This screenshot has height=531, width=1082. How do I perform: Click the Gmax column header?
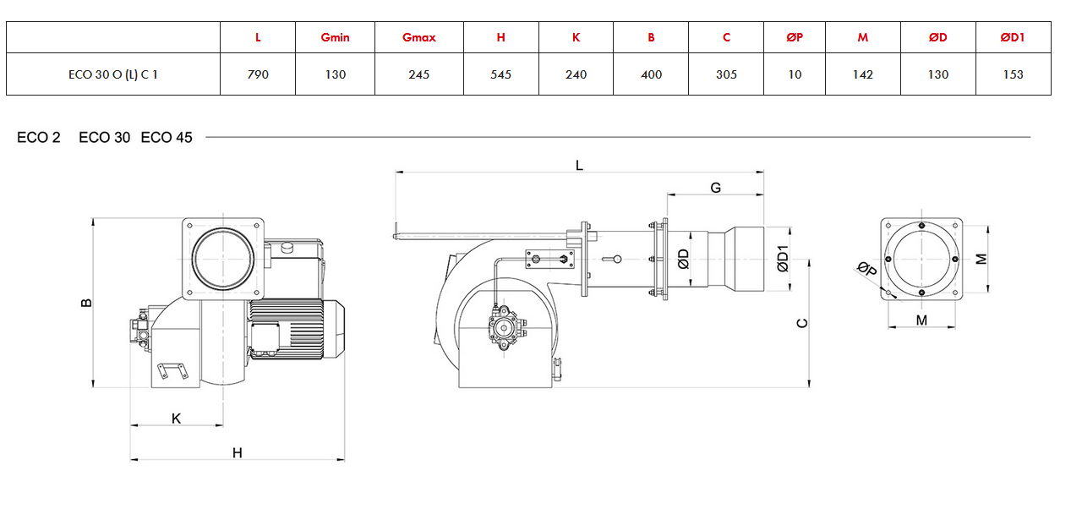pos(418,37)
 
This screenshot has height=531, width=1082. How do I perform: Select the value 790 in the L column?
pos(258,74)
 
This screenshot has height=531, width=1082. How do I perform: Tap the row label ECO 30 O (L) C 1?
pos(113,74)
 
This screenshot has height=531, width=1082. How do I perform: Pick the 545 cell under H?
pos(500,74)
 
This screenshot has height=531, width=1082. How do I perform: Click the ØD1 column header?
pos(1013,37)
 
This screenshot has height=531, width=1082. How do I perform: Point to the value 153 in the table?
pos(1013,74)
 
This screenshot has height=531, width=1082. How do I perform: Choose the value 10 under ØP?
pos(795,74)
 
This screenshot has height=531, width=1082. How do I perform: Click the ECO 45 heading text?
pos(167,138)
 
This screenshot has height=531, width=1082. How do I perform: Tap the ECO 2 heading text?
pos(39,138)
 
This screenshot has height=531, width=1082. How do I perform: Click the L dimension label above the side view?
pos(579,166)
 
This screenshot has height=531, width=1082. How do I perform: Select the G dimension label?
pos(715,188)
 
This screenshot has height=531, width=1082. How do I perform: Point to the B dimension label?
pos(86,303)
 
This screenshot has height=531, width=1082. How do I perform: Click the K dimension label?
pos(177,419)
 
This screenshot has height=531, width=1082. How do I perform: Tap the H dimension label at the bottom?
pos(238,452)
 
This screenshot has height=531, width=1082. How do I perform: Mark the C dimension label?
pos(802,323)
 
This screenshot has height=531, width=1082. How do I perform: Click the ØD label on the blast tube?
pos(683,259)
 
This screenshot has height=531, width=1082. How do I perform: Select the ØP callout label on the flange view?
pos(867,269)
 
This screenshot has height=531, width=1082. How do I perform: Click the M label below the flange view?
pos(921,320)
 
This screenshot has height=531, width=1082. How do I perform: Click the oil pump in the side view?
pos(505,328)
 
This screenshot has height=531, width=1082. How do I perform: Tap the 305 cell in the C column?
pos(726,74)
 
